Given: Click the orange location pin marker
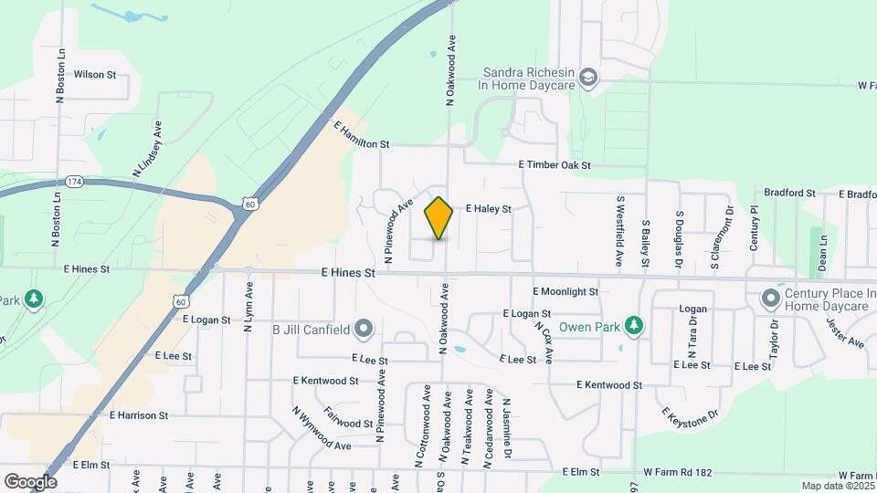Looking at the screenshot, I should (x=438, y=218).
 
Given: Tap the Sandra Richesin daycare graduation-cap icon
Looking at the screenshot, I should (x=588, y=77).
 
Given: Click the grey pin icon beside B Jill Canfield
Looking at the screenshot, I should (x=364, y=328).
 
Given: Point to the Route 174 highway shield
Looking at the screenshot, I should (x=75, y=183).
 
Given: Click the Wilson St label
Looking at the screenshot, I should (x=95, y=75).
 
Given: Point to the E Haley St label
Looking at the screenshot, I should (x=488, y=209).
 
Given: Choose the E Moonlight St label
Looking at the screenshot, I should (x=565, y=291).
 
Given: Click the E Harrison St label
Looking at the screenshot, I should (x=138, y=415).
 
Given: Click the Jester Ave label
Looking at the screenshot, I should (x=845, y=331).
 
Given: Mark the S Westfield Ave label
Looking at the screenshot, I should (x=619, y=230).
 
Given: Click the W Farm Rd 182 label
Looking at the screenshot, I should (x=677, y=472).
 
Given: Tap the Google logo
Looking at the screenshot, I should (x=30, y=481).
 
